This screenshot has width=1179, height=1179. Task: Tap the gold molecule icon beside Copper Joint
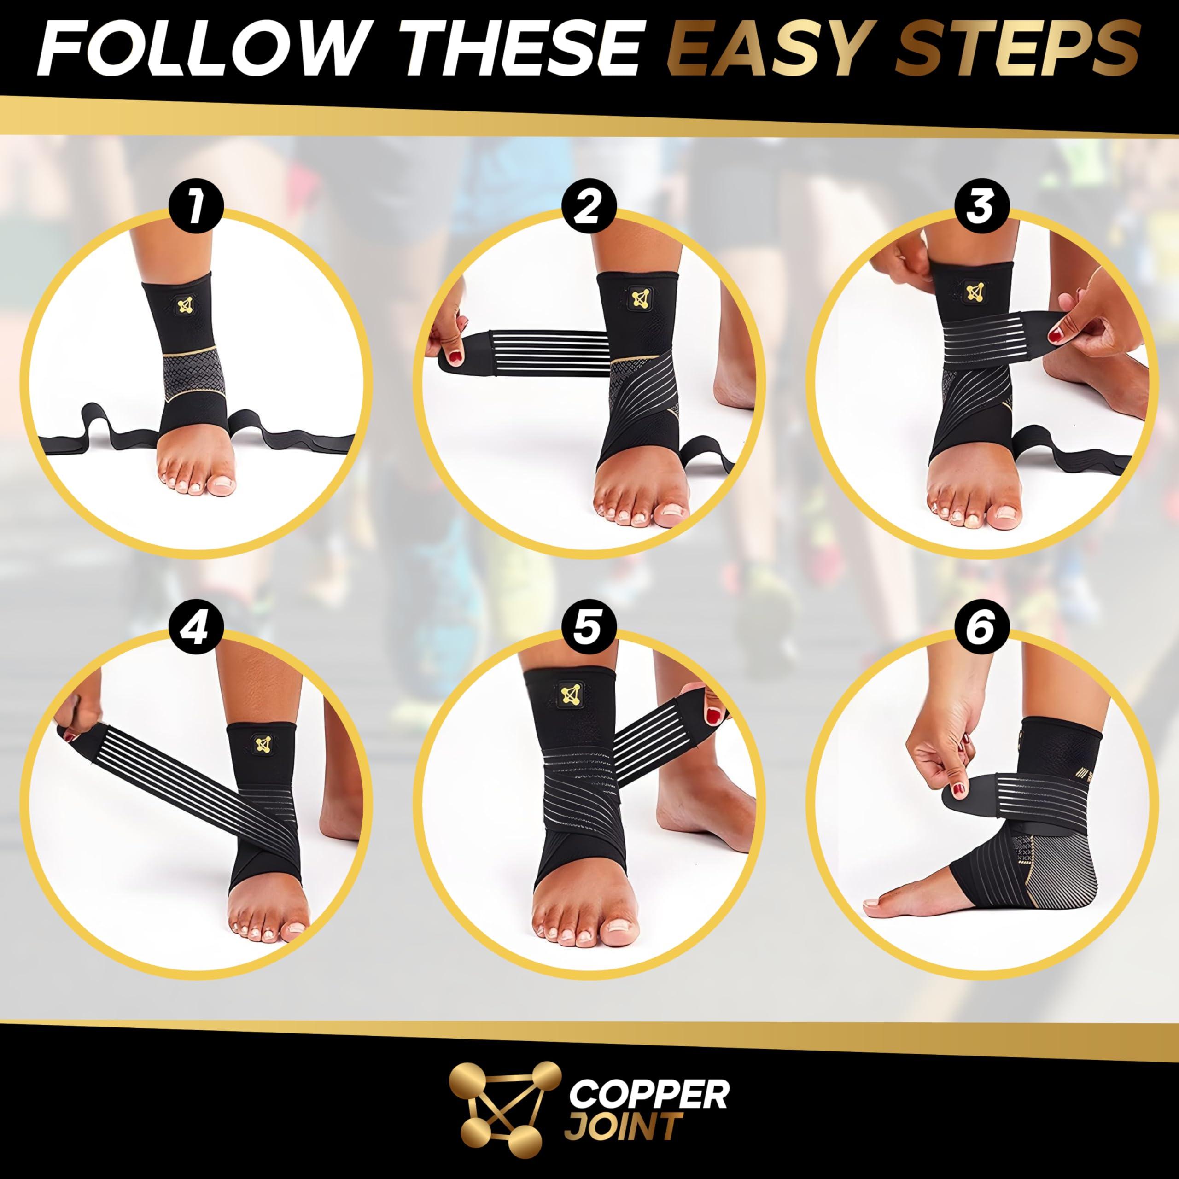pos(504,1098)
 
